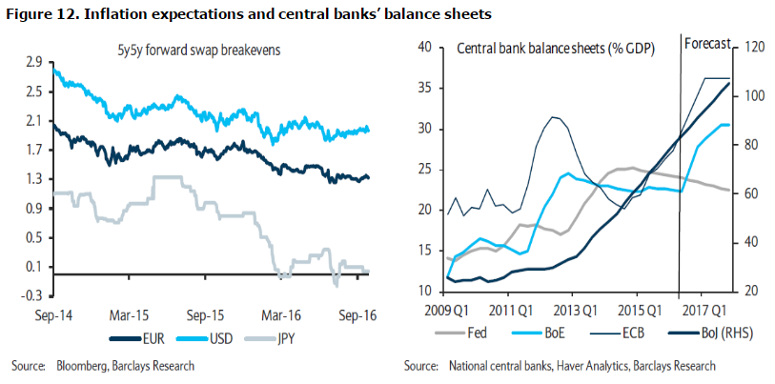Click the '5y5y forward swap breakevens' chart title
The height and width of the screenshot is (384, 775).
coord(212,47)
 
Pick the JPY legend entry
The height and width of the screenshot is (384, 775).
coord(286,337)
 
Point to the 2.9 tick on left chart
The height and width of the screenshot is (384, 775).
coord(34,62)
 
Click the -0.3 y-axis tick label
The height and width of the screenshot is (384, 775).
coord(31,295)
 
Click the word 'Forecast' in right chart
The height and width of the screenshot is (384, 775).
coord(706,43)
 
